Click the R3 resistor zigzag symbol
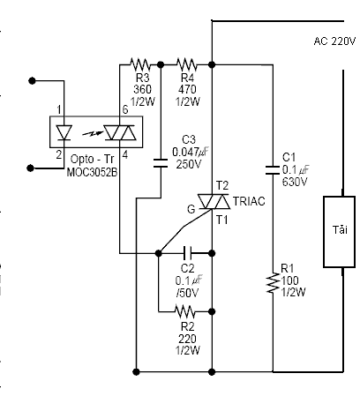pos(139,64)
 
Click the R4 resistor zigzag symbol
pos(187,64)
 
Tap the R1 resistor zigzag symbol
pos(273,283)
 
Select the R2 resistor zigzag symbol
pos(185,311)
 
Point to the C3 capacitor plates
pos(161,163)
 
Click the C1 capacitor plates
pos(273,170)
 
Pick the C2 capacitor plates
pos(187,253)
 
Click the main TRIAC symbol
pos(214,202)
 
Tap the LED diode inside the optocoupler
pos(64,132)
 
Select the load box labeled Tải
pos(339,232)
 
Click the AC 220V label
pos(334,41)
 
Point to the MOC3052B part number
pos(92,172)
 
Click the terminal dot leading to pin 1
pos(32,80)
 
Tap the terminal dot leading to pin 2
pos(30,168)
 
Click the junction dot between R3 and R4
pos(161,64)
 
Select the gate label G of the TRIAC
pos(191,209)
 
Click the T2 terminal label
pos(222,186)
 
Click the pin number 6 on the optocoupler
pos(125,109)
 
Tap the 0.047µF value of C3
pos(191,152)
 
